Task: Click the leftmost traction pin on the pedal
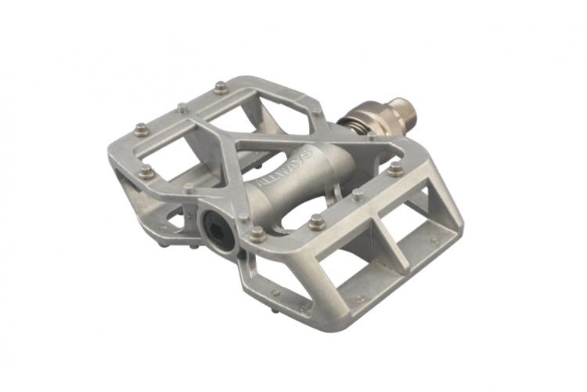(x=141, y=128)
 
